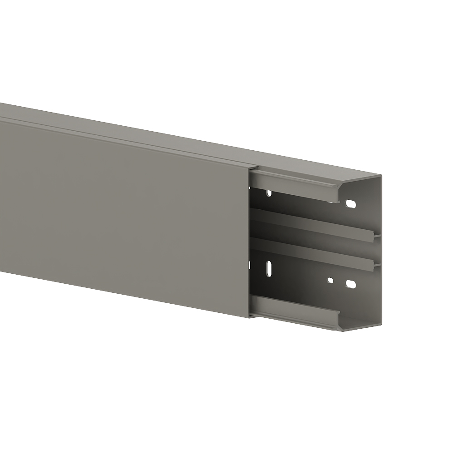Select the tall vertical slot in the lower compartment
[269, 268]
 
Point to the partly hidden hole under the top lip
[269, 193]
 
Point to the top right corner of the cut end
[382, 176]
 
